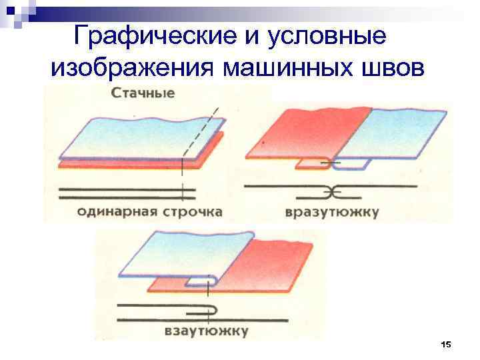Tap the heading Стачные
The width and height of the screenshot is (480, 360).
click(143, 93)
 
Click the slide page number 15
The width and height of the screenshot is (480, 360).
click(446, 344)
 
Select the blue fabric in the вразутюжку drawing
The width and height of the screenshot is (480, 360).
click(400, 133)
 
